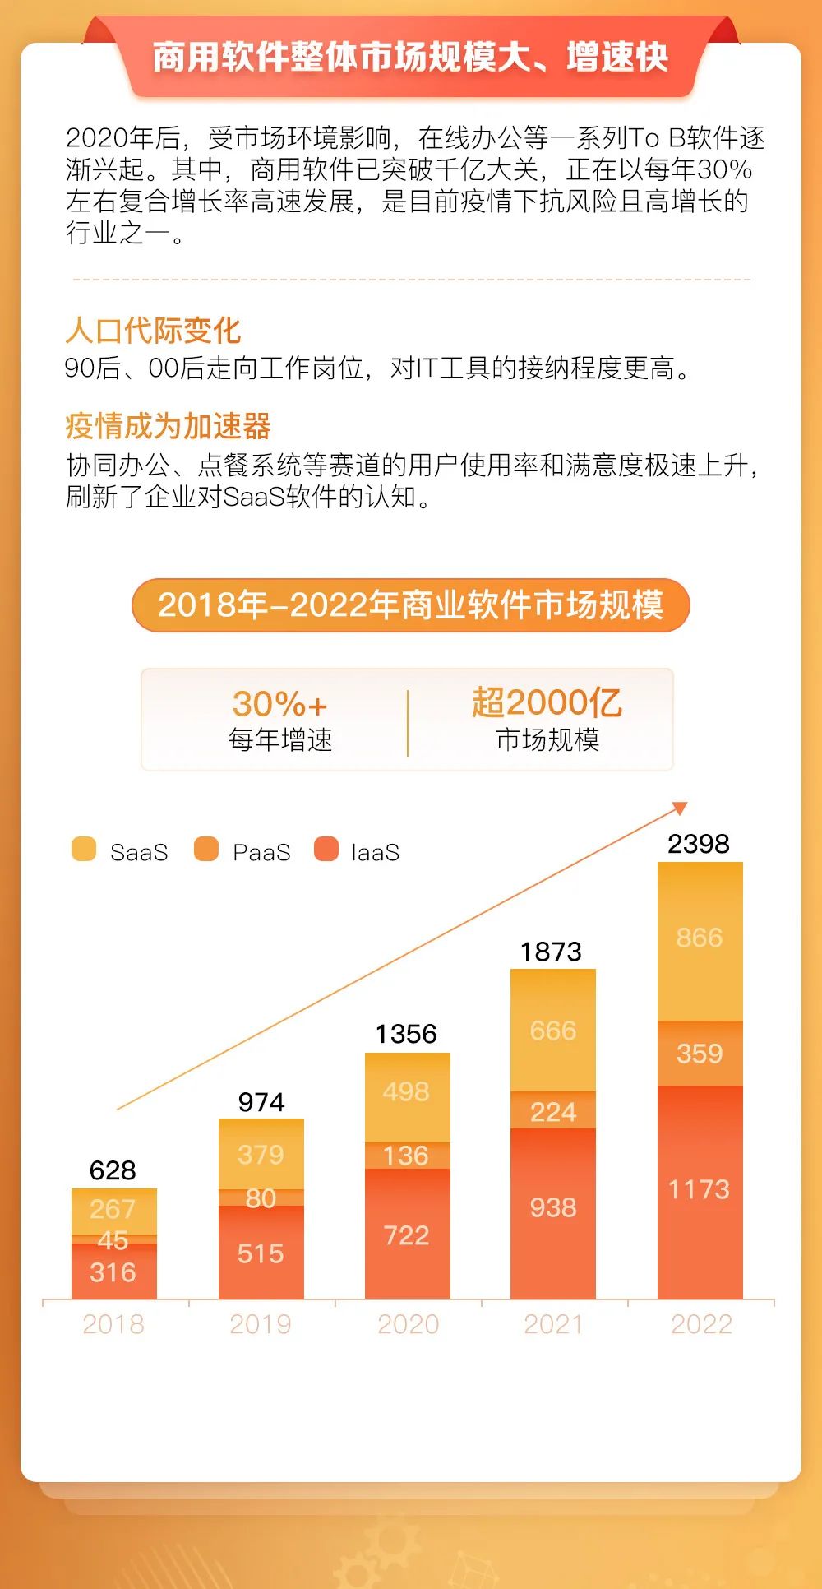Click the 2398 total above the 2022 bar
click(699, 844)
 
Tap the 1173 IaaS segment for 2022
click(700, 1189)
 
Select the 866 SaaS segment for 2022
click(700, 938)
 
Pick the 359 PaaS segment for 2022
click(700, 1054)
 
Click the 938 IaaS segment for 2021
click(553, 1207)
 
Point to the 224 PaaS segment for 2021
click(553, 1112)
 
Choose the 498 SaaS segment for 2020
click(407, 1091)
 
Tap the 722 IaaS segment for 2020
click(407, 1235)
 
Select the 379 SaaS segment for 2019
click(261, 1155)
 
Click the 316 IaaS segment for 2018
click(113, 1272)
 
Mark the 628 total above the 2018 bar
click(113, 1170)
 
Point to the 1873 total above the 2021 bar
click(552, 952)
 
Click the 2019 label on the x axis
click(261, 1324)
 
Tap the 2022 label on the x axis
click(701, 1324)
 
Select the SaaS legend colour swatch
click(84, 849)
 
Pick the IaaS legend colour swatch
click(326, 849)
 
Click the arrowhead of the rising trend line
click(680, 808)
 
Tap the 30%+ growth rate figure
click(280, 704)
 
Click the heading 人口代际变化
click(154, 331)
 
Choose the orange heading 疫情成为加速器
click(169, 426)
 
